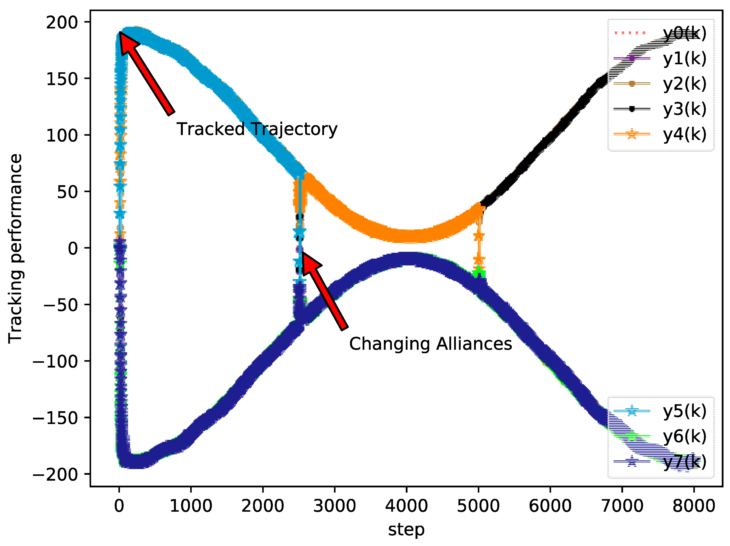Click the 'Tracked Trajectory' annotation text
pyautogui.click(x=257, y=129)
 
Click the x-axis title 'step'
pyautogui.click(x=406, y=530)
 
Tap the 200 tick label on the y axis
pyautogui.click(x=62, y=22)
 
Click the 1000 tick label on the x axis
pyautogui.click(x=191, y=506)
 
